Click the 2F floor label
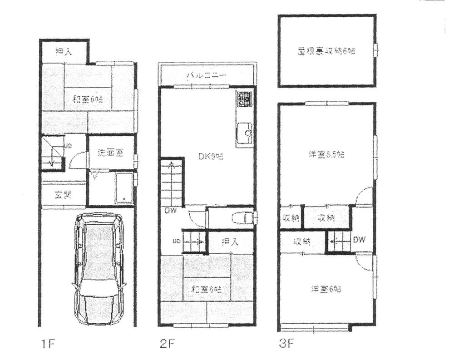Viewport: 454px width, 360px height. click(167, 344)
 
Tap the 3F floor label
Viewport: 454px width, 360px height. click(286, 344)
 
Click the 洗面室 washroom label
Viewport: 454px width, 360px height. click(109, 153)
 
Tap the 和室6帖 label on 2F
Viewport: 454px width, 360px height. click(203, 289)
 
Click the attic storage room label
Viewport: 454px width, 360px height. click(323, 51)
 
